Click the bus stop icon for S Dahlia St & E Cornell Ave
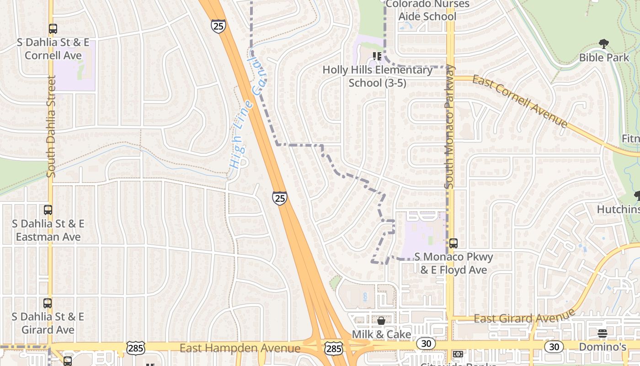[53, 29]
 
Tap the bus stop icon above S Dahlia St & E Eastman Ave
[48, 210]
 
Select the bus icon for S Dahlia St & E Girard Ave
[48, 303]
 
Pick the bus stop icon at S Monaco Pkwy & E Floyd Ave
[453, 243]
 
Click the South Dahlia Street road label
[51, 126]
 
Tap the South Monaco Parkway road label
[450, 127]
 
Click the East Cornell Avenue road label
[520, 102]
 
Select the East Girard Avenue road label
[524, 317]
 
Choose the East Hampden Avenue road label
[240, 348]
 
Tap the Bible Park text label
[604, 58]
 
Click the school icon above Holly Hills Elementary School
[377, 56]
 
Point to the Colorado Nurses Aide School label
[427, 11]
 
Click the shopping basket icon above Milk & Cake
[381, 321]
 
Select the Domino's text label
[603, 347]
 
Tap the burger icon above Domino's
[603, 334]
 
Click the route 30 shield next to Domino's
[554, 347]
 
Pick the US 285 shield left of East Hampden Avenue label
[136, 348]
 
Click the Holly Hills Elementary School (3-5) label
[378, 76]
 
